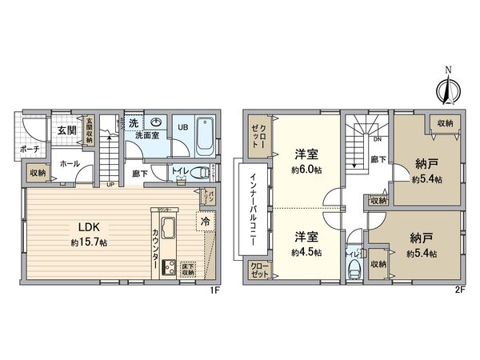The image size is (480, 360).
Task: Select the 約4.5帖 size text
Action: point(305,252)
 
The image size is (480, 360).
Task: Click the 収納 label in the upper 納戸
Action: point(444,123)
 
